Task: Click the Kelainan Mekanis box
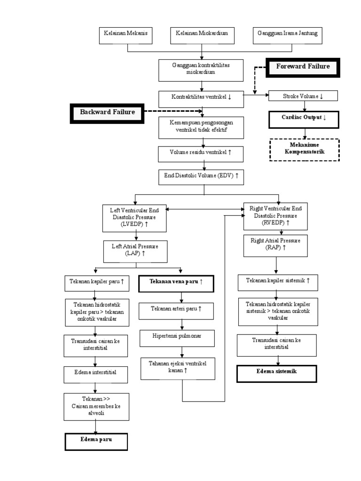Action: click(x=125, y=35)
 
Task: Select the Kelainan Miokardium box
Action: click(x=202, y=35)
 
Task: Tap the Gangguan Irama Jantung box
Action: click(x=287, y=35)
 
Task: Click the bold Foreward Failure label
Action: click(x=303, y=67)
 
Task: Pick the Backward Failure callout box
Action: click(x=107, y=112)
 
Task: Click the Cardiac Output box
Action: click(x=303, y=118)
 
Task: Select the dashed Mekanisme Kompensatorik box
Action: click(x=304, y=149)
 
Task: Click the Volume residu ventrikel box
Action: click(x=201, y=153)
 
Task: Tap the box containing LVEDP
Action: click(x=134, y=217)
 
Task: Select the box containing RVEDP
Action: click(x=275, y=216)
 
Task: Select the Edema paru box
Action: click(x=96, y=441)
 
